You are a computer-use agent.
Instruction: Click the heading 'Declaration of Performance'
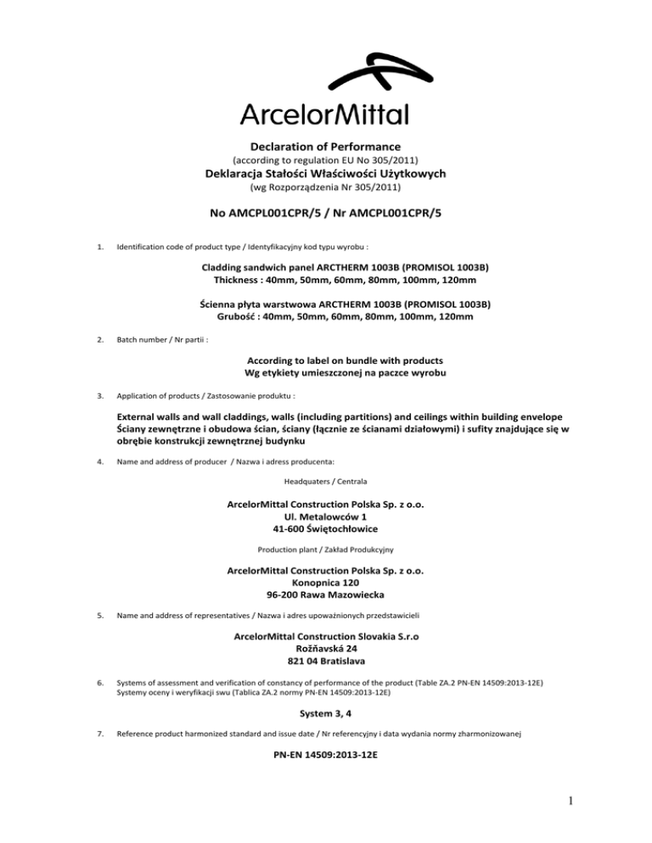(326, 146)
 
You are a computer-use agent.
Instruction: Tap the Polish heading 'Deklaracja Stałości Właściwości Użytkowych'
(326, 174)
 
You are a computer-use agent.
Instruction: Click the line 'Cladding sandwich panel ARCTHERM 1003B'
(326, 268)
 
